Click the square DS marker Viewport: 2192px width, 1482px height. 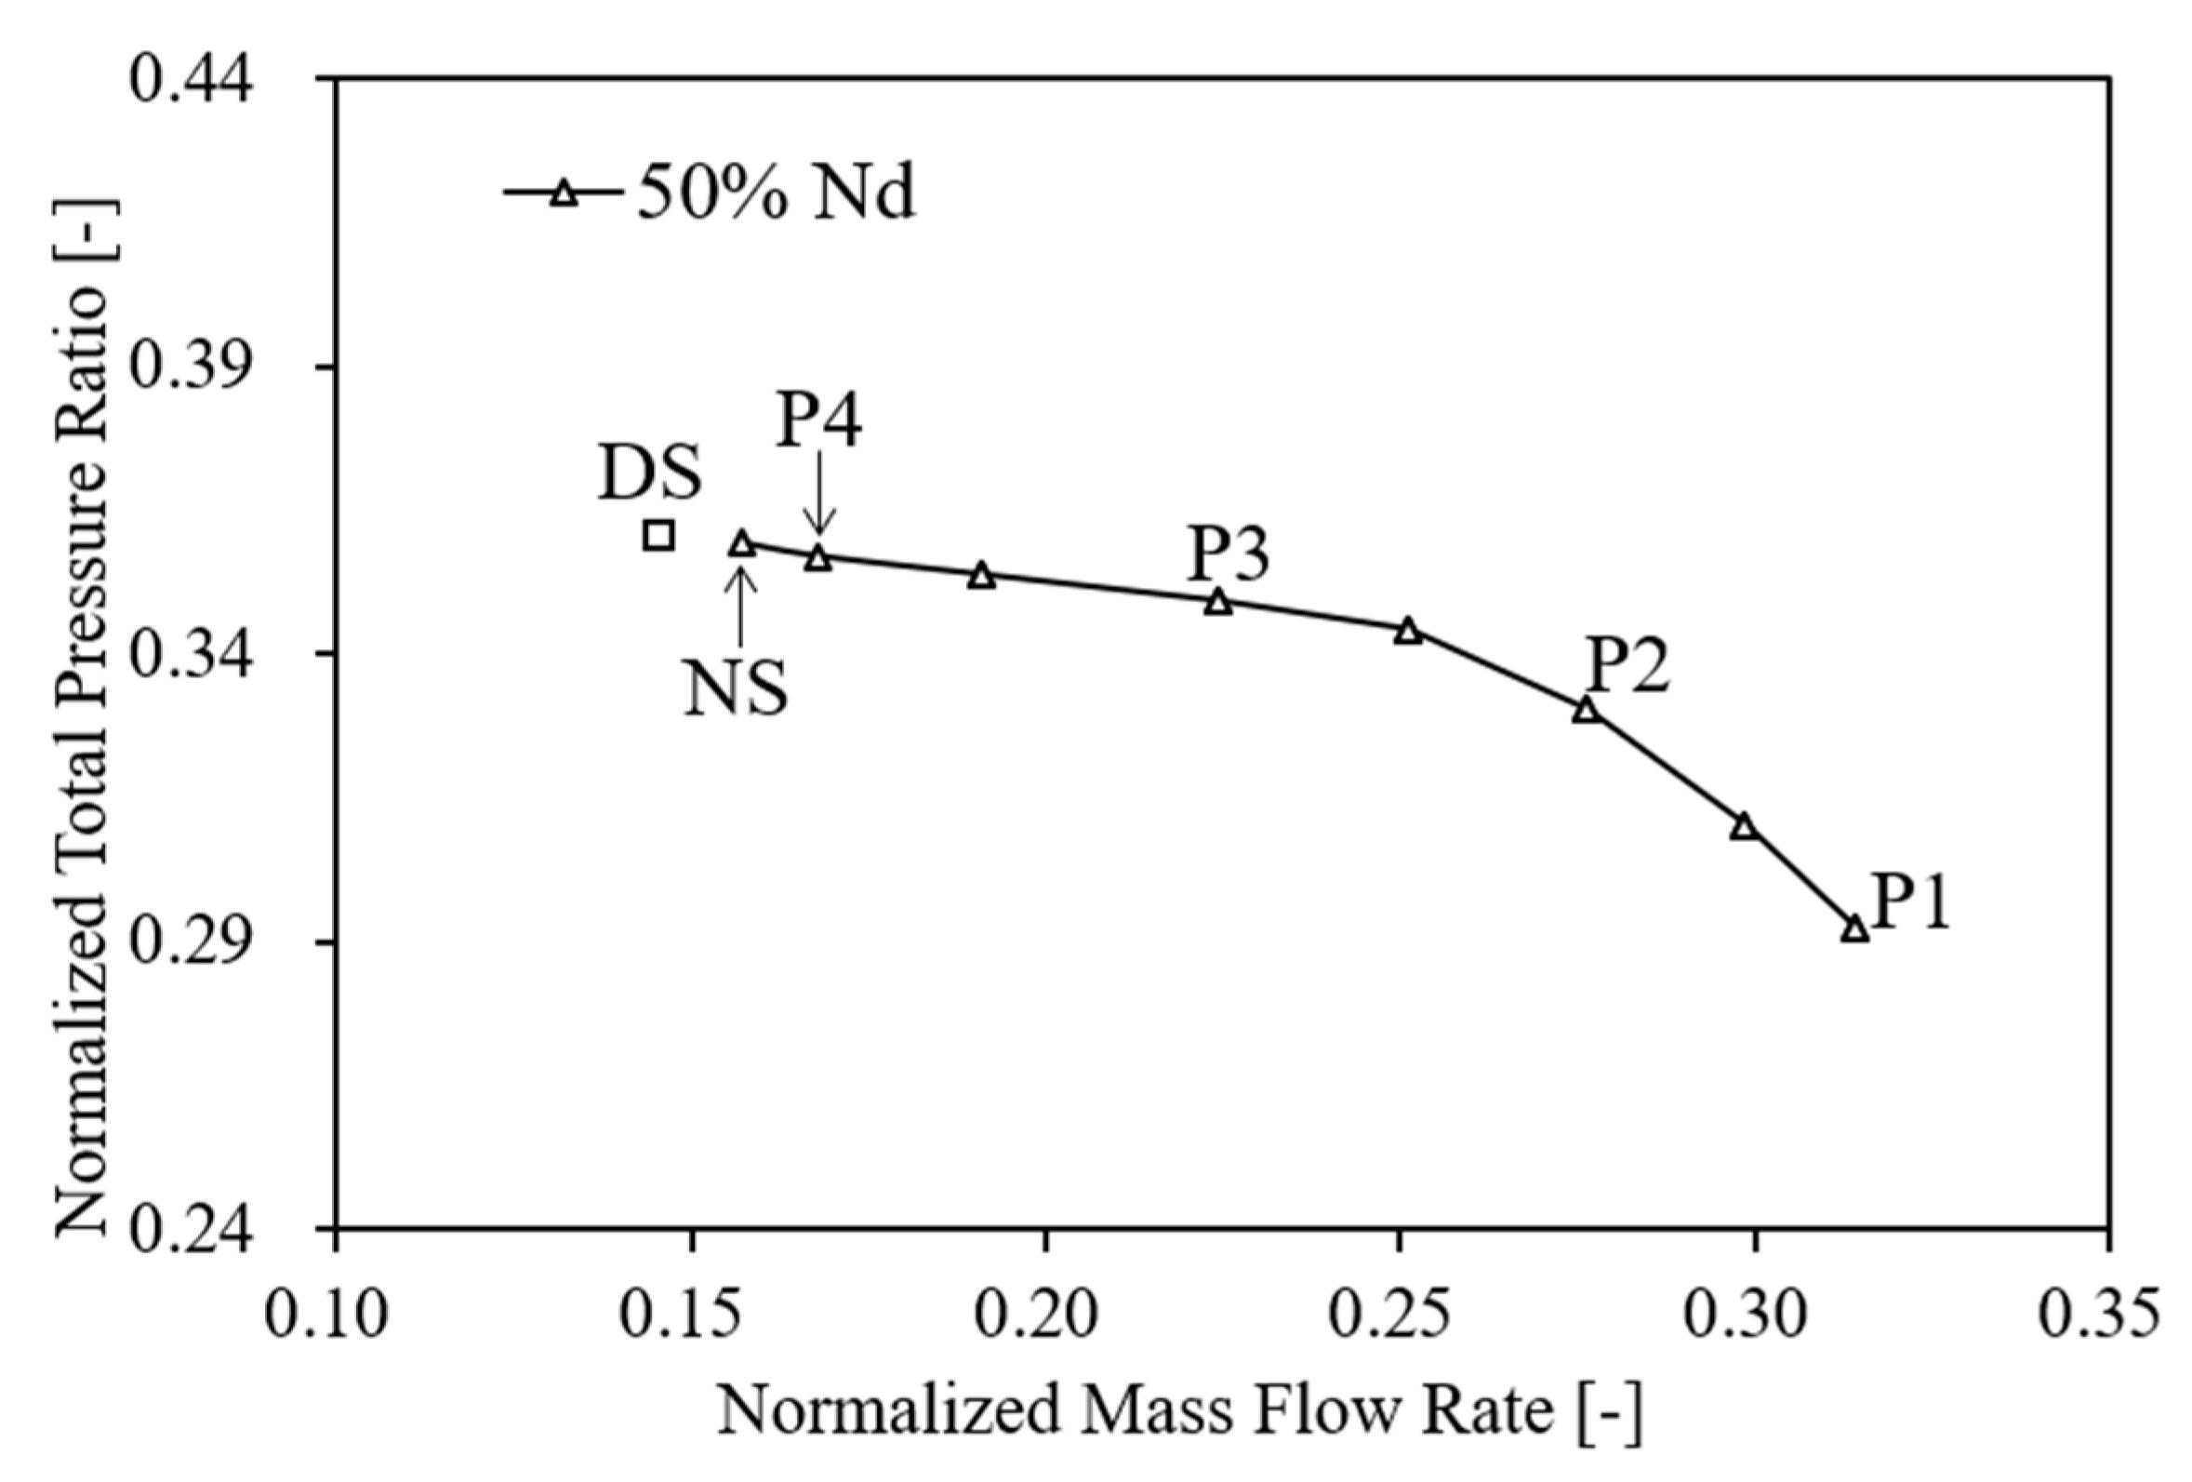[658, 536]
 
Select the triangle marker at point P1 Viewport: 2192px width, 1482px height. [1855, 929]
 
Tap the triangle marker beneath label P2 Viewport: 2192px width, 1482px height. [1587, 711]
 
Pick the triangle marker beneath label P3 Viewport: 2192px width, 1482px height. [1218, 602]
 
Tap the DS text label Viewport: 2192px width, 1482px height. [650, 474]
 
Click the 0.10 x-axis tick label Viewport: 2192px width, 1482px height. [326, 1315]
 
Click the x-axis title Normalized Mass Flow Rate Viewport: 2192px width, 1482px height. [1179, 1413]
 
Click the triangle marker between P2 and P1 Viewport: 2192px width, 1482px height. [1744, 826]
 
